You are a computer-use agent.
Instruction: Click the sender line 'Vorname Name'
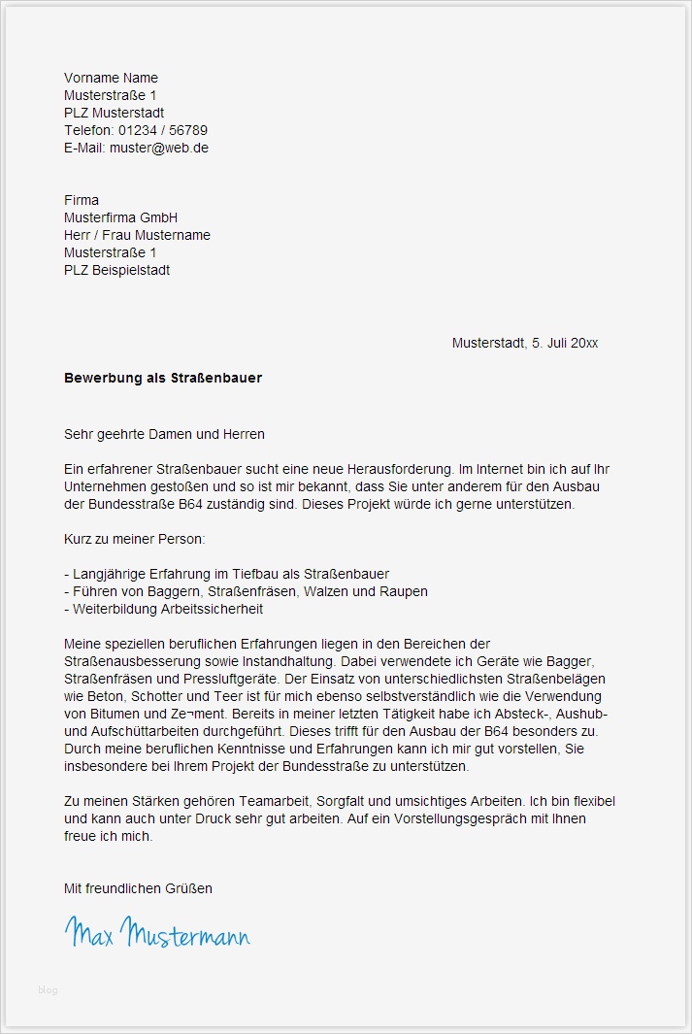tap(111, 78)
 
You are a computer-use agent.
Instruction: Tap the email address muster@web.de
tap(159, 148)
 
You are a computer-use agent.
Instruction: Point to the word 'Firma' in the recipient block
tap(82, 200)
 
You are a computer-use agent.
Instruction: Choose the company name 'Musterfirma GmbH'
tap(120, 217)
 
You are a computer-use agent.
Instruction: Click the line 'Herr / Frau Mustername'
tap(137, 235)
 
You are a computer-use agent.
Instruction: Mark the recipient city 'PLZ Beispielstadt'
tap(116, 270)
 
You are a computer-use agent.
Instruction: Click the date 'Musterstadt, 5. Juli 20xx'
tap(524, 343)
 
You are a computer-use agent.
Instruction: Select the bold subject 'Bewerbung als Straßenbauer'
tap(163, 378)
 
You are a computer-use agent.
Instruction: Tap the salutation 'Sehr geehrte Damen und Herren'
tap(164, 434)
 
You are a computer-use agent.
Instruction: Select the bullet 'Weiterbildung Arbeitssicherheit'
tap(164, 609)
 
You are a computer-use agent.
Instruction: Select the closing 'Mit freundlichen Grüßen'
tap(138, 888)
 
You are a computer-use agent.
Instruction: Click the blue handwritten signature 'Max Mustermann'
tap(157, 933)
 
